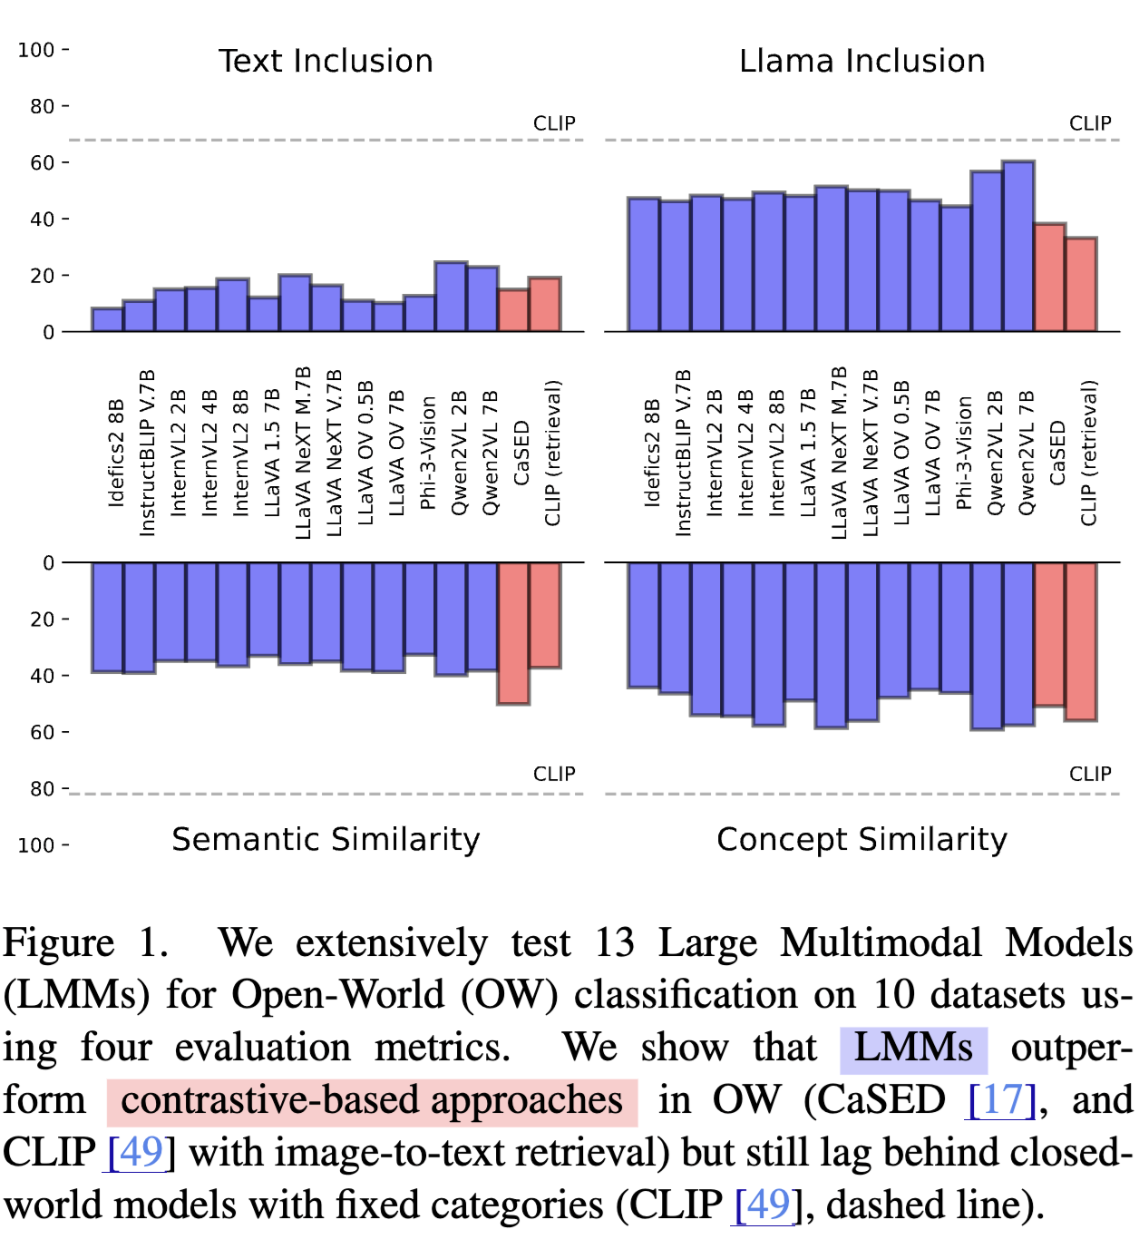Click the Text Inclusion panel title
[x=326, y=61]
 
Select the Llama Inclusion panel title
[x=862, y=61]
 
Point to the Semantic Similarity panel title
[x=326, y=839]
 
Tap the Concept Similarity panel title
[x=862, y=839]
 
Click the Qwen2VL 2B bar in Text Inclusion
[x=451, y=297]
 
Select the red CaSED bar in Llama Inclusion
[x=1049, y=278]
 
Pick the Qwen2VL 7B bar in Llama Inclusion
[x=1018, y=246]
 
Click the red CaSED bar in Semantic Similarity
[x=513, y=633]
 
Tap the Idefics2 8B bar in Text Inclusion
[x=107, y=319]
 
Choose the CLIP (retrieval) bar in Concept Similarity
[x=1081, y=641]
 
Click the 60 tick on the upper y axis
[x=42, y=163]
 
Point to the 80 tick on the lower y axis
[x=42, y=789]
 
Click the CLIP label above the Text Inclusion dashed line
[x=554, y=123]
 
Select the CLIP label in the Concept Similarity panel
[x=1090, y=774]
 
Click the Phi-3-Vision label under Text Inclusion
[x=428, y=453]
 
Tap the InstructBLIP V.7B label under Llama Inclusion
[x=683, y=453]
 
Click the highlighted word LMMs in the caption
[x=912, y=1048]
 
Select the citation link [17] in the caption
[x=1002, y=1100]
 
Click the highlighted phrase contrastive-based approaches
[x=372, y=1100]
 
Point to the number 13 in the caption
[x=614, y=943]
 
